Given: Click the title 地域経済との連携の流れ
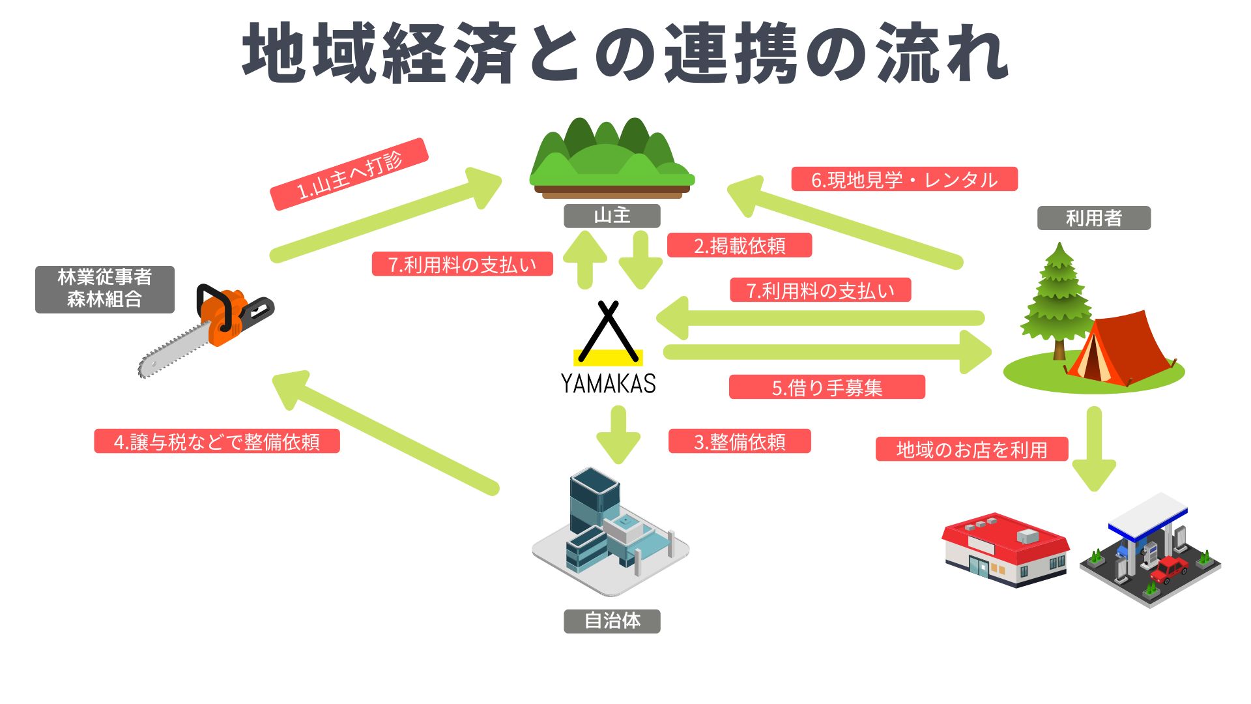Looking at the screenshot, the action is point(625,53).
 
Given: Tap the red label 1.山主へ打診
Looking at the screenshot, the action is point(349,174).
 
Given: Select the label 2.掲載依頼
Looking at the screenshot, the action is point(740,245).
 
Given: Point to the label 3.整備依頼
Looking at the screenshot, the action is point(740,441).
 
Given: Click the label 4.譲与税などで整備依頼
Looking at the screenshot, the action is point(217,441).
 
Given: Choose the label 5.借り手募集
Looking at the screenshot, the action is point(827,387).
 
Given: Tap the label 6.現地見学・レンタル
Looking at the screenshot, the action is point(904,179).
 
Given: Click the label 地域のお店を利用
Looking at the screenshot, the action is point(971,449).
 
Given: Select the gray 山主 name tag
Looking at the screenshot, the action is point(612,216).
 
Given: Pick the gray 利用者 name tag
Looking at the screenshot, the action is point(1094,218).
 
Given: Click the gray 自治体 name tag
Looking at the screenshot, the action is point(612,621).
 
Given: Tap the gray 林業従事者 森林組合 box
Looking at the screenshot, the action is point(105,289).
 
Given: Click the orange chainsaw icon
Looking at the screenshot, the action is point(206,330).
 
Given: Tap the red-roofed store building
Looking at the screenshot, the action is point(1005,550).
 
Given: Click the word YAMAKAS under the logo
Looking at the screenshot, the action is point(609,383).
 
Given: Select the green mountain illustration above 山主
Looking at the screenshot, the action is point(612,158).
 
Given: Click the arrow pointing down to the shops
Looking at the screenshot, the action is point(1094,449).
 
